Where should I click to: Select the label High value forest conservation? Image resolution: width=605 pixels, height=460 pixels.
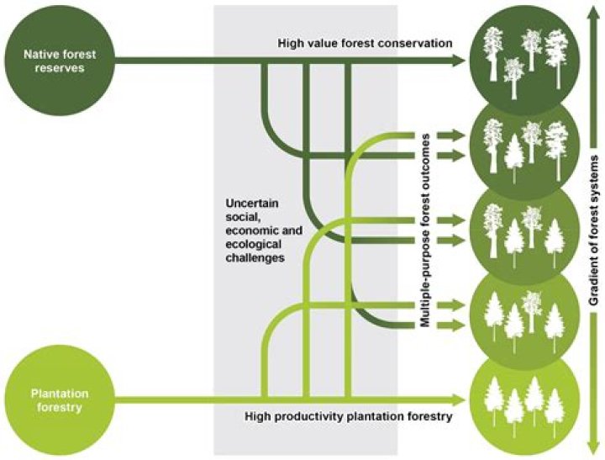pos(366,43)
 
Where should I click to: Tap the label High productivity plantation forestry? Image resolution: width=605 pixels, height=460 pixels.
pos(349,416)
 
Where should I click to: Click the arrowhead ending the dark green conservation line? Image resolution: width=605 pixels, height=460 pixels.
pos(459,61)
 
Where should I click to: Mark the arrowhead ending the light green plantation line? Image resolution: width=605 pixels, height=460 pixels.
pos(459,399)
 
